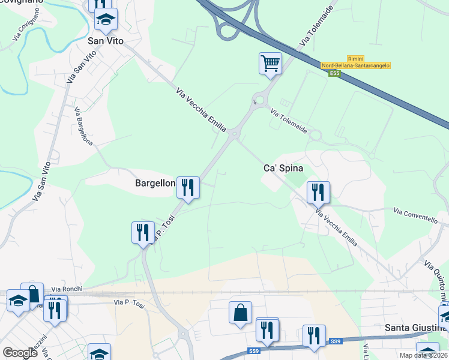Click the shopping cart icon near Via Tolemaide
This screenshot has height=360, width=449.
tap(271, 63)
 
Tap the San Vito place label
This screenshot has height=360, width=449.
tap(106, 41)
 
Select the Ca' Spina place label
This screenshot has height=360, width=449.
tap(287, 169)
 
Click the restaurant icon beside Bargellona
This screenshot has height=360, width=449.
tap(188, 188)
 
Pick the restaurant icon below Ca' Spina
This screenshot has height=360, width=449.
tap(318, 193)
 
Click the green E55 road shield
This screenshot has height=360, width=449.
tap(334, 73)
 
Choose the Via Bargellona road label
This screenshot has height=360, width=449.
tap(83, 127)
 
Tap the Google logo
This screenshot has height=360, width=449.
tap(20, 353)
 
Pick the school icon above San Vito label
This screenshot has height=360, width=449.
tap(106, 20)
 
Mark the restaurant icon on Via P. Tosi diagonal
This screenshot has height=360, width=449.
tap(143, 232)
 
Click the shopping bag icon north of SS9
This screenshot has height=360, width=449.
tap(240, 313)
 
